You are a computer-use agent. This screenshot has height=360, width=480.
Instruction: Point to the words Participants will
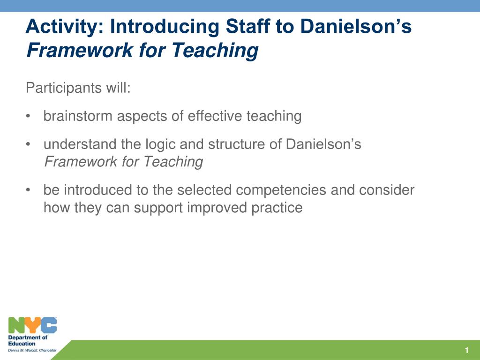click(x=78, y=88)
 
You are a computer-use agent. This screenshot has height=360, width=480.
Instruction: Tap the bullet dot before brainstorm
click(x=29, y=116)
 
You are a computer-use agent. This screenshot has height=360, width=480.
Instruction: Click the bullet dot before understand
click(x=29, y=144)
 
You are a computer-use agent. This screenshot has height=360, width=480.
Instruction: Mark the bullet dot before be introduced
click(x=29, y=190)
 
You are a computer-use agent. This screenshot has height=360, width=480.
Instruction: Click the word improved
click(x=215, y=207)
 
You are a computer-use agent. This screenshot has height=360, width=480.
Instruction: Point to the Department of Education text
click(x=28, y=340)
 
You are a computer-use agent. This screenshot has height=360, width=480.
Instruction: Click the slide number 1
click(x=467, y=351)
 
